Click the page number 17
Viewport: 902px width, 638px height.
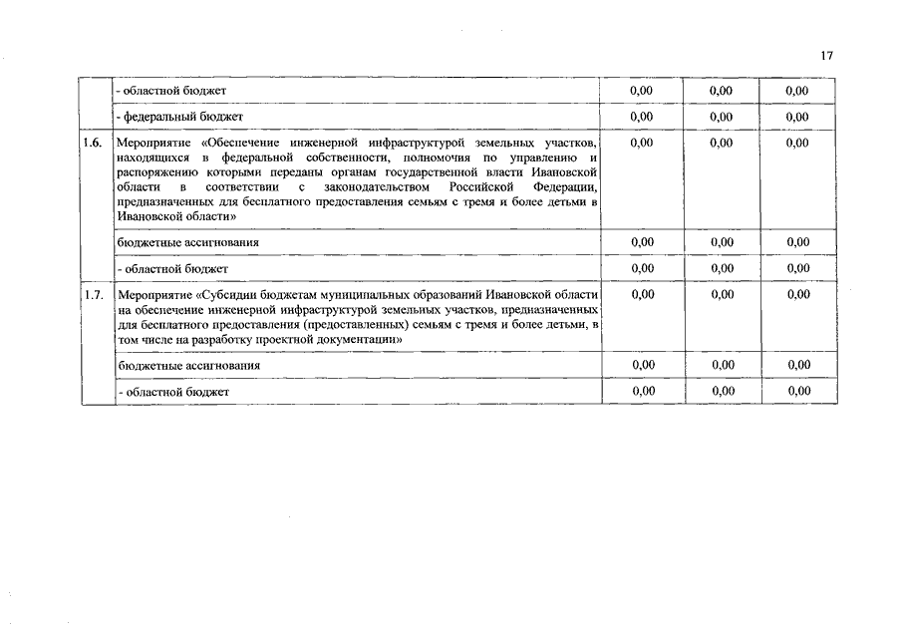[x=826, y=56]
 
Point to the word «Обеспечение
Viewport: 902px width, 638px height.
[x=231, y=143]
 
